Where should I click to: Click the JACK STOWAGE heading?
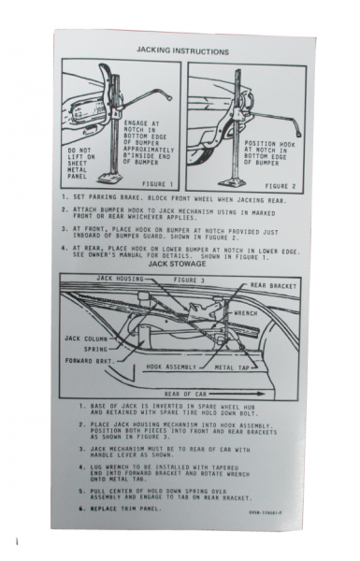click(180, 264)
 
